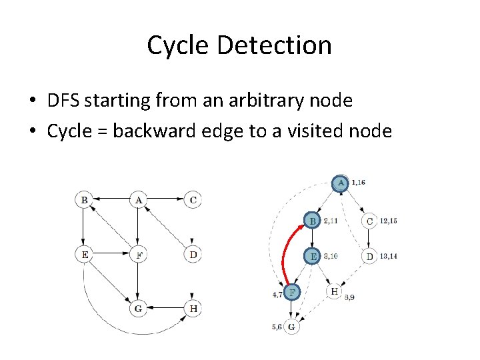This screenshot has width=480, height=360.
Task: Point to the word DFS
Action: tap(66, 101)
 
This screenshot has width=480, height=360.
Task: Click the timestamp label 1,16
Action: tap(358, 182)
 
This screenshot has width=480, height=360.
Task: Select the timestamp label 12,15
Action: tap(388, 221)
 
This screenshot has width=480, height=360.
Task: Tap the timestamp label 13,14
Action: tap(388, 256)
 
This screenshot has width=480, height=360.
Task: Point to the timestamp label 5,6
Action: tap(276, 327)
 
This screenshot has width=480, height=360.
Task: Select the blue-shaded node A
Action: tap(341, 182)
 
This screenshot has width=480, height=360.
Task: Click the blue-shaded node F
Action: tap(291, 291)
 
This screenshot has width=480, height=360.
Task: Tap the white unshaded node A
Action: tap(138, 199)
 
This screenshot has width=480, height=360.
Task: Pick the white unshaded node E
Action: tap(84, 253)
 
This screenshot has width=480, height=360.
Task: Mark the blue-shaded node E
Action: tap(313, 256)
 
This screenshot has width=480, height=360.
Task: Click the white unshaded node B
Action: tap(84, 199)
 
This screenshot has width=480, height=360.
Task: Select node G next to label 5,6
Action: tap(291, 327)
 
